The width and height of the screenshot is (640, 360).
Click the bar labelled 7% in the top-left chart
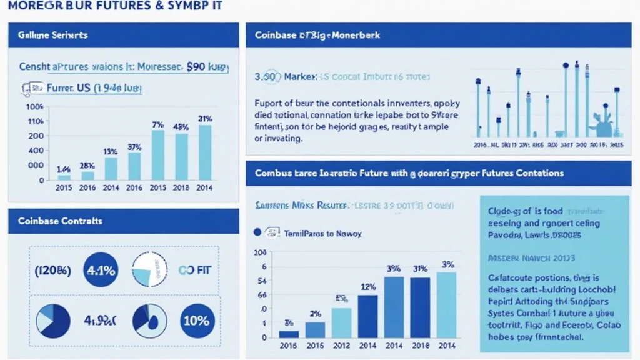(158, 154)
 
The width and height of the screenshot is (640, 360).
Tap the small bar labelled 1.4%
(64, 177)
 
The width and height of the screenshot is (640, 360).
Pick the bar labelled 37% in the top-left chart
(134, 166)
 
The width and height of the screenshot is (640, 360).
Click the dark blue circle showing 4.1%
(101, 270)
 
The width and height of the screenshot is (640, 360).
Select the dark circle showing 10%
(197, 321)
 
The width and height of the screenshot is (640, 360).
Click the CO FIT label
(196, 271)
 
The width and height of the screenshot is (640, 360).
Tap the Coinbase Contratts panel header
(61, 221)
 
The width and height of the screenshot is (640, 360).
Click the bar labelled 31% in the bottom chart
(419, 307)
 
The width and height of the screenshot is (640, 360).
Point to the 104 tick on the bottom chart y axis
(259, 252)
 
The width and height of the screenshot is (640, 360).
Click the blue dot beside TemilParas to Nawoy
(256, 232)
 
